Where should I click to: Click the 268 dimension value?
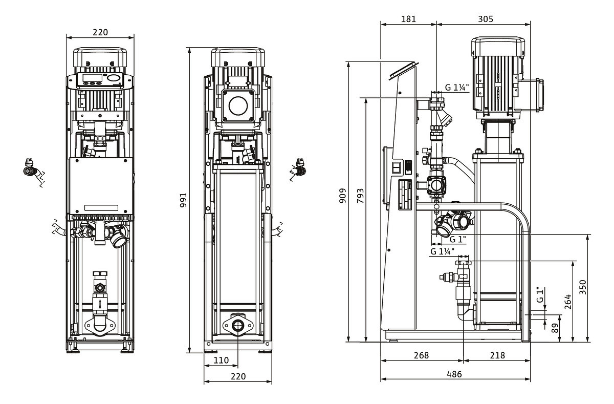(x=421, y=355)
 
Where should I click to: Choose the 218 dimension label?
(x=497, y=355)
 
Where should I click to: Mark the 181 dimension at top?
(x=408, y=19)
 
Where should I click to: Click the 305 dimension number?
(x=485, y=19)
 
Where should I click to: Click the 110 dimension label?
(x=221, y=360)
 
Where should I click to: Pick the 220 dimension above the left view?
(x=100, y=32)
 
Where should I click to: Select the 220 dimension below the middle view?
(x=238, y=376)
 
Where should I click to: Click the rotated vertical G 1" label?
(x=539, y=295)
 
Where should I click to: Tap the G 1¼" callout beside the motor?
(x=456, y=88)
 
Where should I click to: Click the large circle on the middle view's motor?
(x=238, y=106)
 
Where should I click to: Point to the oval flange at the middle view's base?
(x=238, y=325)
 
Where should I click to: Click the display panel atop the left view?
(x=100, y=80)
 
